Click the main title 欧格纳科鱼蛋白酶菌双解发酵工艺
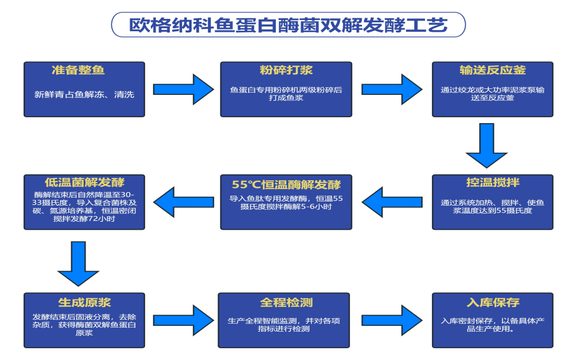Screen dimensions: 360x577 coord(288,25)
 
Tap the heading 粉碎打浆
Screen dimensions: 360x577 coord(286,71)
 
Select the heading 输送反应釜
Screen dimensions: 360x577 coord(493,71)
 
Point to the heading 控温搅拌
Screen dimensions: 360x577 coord(493,182)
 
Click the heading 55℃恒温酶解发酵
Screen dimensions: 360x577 coord(286,183)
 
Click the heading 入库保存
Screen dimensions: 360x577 coord(493,302)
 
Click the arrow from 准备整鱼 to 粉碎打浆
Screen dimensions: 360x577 coord(183,89)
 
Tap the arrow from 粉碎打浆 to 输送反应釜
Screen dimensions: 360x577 coord(391,89)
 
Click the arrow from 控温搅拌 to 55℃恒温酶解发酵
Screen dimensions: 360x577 coord(391,202)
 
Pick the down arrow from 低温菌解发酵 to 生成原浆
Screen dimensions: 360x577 coord(78,264)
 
